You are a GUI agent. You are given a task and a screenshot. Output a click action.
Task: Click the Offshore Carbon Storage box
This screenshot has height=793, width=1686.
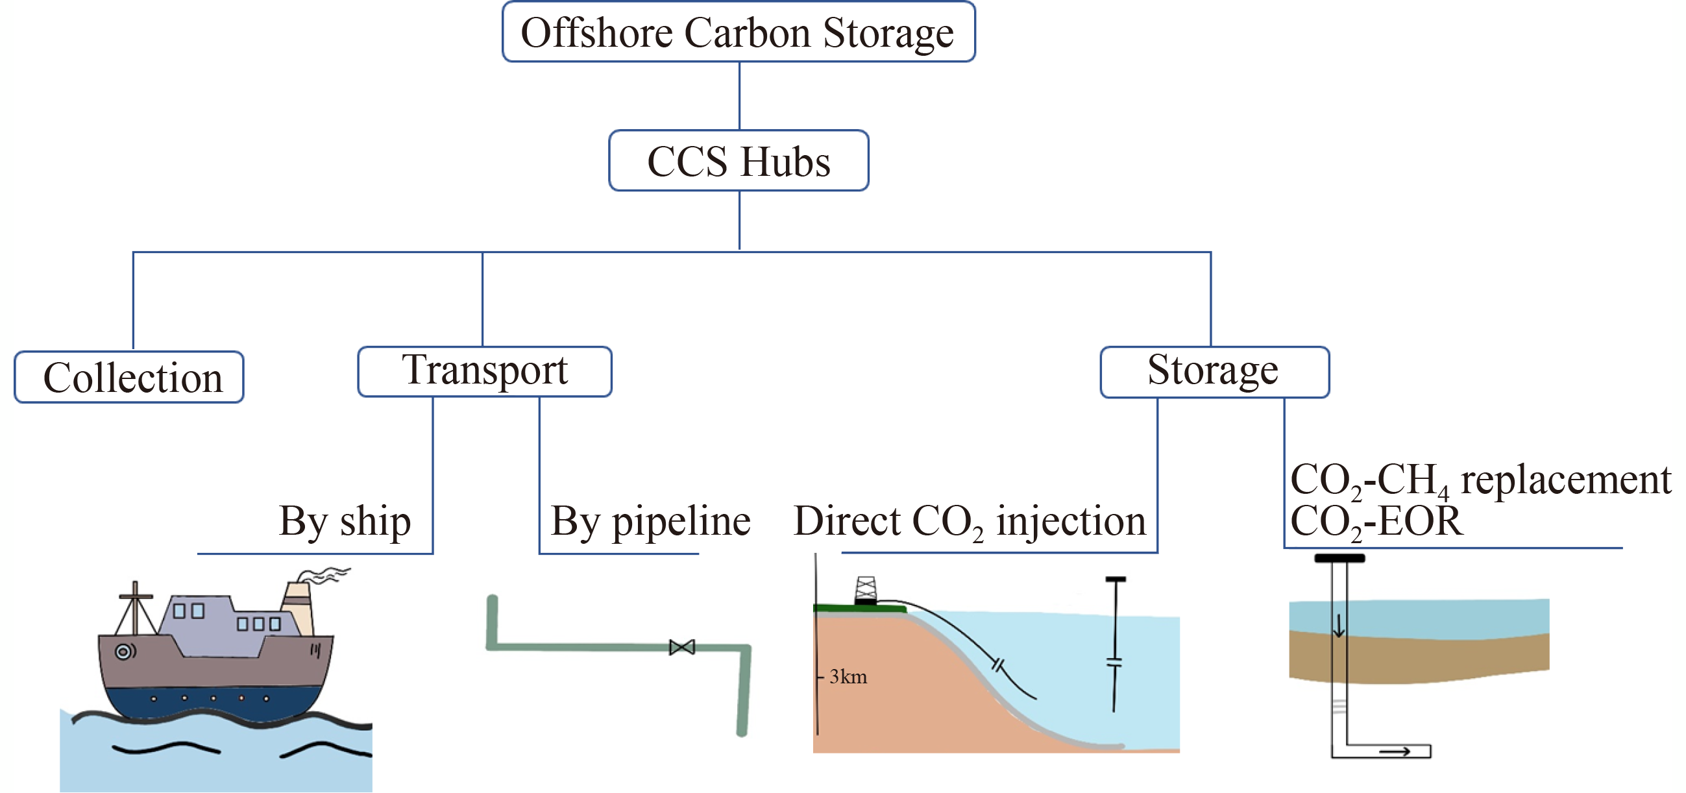coord(739,32)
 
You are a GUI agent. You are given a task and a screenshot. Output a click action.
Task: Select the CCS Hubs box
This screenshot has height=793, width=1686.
coord(739,161)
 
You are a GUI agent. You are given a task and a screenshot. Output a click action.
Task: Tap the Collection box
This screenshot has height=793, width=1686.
coord(129,378)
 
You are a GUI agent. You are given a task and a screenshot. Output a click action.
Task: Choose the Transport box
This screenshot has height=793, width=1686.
coord(484,371)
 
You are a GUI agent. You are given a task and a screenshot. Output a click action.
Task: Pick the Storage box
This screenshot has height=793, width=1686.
coord(1214,372)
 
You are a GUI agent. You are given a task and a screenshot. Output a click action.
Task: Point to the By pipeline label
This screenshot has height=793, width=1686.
coord(650,522)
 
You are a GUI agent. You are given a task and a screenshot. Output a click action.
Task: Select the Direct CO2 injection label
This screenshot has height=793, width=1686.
coord(970,522)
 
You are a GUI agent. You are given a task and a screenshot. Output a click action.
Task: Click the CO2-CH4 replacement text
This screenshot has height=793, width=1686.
coord(1480,480)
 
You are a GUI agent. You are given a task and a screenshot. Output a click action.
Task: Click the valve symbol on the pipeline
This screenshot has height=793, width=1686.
coord(681,647)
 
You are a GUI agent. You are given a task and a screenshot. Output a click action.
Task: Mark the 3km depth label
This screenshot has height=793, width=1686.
coord(848,677)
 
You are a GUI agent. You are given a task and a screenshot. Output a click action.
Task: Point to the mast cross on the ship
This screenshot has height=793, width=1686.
coord(135,596)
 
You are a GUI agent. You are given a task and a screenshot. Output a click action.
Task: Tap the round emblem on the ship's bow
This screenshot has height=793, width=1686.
coord(123,652)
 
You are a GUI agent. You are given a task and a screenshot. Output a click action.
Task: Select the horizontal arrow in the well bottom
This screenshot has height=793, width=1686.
coord(1394,751)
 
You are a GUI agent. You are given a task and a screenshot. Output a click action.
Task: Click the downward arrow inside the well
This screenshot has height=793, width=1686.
coord(1338,626)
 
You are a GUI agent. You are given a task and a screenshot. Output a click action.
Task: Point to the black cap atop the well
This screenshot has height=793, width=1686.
coord(1339,558)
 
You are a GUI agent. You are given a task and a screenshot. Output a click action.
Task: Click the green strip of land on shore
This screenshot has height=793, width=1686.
coord(859,609)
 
